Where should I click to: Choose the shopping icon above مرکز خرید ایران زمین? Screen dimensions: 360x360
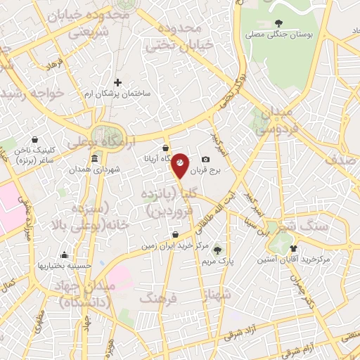175,235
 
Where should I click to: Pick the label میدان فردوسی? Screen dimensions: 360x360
269,121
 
